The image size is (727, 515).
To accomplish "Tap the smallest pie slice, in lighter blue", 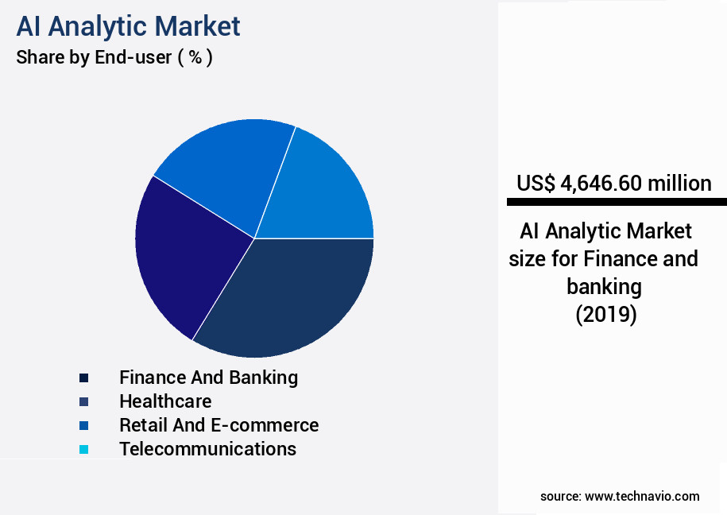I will [326, 191].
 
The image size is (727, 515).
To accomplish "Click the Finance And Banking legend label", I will [208, 378].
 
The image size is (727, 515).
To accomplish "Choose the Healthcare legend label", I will [165, 401].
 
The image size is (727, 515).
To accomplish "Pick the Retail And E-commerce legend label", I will [218, 425].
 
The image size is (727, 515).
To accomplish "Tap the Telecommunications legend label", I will [207, 449].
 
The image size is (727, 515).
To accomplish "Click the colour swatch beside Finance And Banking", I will [83, 378].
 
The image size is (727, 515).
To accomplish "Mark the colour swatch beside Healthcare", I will [83, 401].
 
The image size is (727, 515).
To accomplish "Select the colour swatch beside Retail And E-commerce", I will [83, 425].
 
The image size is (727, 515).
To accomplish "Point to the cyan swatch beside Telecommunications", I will [83, 449].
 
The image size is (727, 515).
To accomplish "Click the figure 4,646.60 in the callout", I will [602, 184].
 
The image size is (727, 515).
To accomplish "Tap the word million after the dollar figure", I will [681, 184].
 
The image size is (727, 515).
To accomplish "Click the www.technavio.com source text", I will [642, 497].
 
